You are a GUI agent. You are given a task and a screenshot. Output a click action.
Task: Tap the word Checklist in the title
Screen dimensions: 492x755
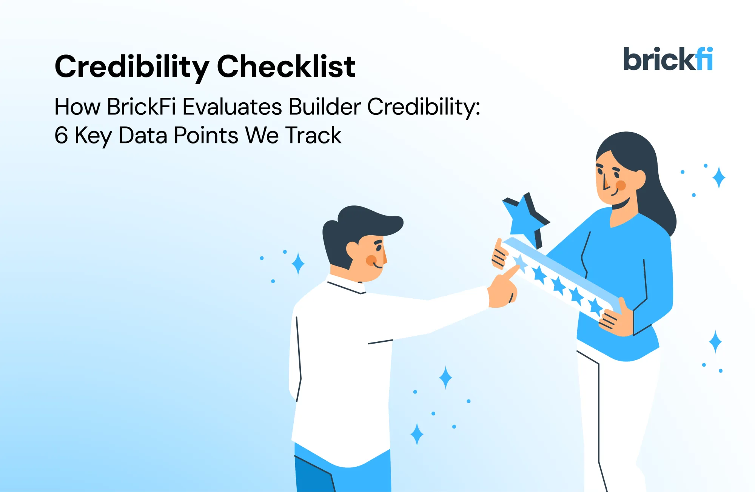coord(286,67)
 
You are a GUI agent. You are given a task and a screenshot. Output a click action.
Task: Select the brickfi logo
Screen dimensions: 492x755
coord(667,59)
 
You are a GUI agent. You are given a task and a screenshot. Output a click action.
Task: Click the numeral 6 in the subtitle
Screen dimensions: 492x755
coord(61,135)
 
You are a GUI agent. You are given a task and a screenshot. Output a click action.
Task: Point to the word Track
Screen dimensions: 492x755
coord(313,135)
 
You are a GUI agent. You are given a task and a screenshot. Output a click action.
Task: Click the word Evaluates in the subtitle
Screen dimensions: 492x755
coord(232,106)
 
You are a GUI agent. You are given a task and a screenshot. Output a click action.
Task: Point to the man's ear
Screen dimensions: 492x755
coord(353,250)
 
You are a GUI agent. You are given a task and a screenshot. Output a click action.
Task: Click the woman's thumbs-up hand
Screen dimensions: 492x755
coord(500,255)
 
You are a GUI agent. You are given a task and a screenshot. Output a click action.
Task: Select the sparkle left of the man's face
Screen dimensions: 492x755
coord(298,263)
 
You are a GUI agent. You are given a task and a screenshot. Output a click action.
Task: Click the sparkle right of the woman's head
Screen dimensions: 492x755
coord(718,177)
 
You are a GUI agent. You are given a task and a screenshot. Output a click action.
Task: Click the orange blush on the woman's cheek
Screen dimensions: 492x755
coord(621,185)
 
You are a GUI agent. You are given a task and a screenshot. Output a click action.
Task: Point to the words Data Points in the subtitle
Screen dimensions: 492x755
coord(178,135)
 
